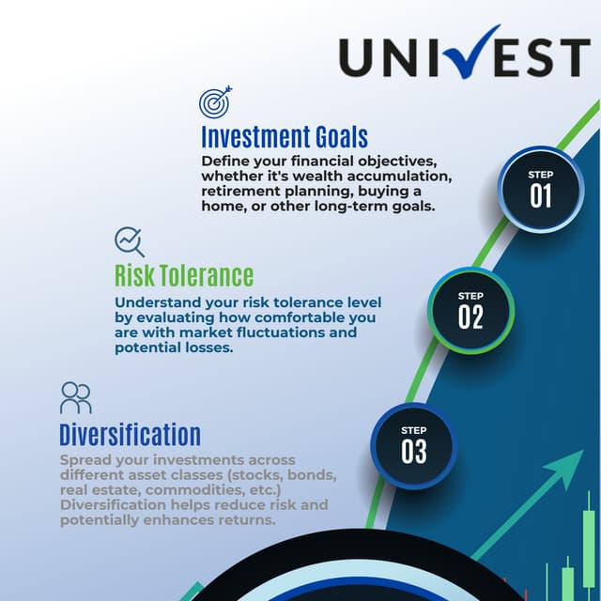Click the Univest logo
click(x=464, y=58)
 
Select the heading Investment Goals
click(x=284, y=136)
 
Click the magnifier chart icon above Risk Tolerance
click(x=129, y=241)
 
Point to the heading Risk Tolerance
click(x=184, y=275)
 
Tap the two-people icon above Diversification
click(x=75, y=398)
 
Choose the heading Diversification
click(x=130, y=435)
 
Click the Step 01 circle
click(x=540, y=188)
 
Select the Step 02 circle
click(x=470, y=310)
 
